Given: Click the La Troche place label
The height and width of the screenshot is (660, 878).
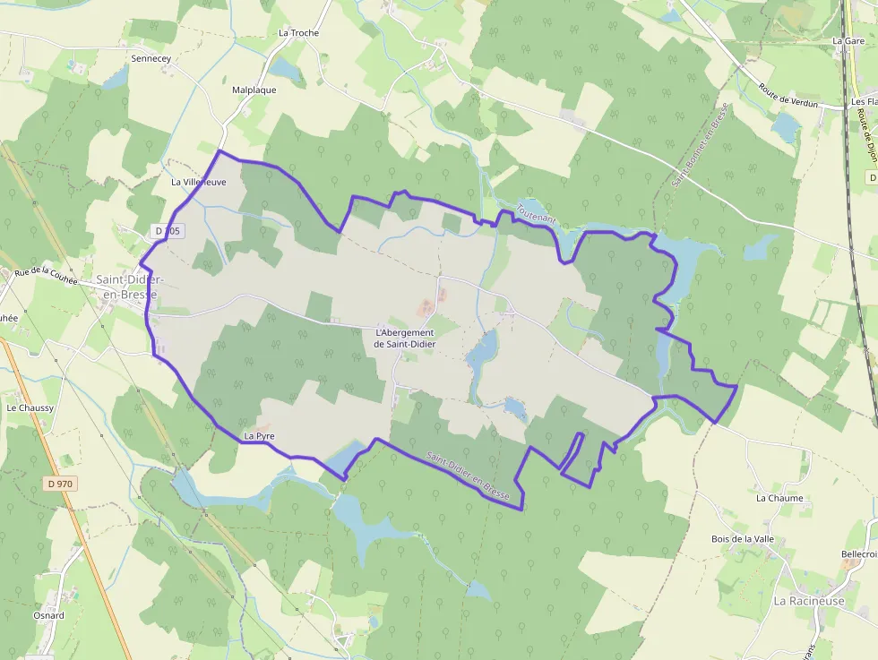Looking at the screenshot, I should tap(298, 33).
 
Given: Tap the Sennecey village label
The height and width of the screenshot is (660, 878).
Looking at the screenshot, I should tap(151, 58).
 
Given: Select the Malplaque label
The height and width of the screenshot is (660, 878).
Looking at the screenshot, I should tap(254, 90).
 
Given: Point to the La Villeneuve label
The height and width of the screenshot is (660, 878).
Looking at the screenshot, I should tap(199, 182).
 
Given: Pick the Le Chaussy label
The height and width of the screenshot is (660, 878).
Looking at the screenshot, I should tap(30, 407).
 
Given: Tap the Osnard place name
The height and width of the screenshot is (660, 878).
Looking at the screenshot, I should tap(48, 615).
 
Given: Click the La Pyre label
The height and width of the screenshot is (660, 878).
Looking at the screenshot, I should tap(259, 436).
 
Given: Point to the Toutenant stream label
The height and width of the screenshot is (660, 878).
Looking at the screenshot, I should tap(536, 213).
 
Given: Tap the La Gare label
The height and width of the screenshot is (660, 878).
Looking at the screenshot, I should tap(848, 41).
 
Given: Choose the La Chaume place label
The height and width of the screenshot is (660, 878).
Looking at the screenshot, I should tap(779, 498).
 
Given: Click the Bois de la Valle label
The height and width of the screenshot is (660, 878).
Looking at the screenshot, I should tap(742, 539).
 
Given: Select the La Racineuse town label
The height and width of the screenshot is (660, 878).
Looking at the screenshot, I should tap(808, 601).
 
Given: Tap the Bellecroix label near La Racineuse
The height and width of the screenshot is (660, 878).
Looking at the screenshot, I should tap(859, 554).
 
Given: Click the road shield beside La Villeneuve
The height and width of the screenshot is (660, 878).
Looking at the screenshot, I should tap(168, 231).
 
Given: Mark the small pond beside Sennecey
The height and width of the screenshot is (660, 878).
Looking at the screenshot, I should tap(116, 80).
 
